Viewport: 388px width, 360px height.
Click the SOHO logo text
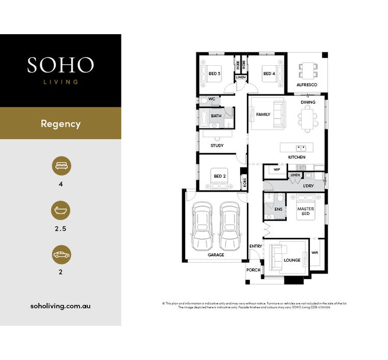pos(61,65)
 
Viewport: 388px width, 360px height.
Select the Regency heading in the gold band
pos(61,124)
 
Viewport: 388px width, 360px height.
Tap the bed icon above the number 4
pos(61,166)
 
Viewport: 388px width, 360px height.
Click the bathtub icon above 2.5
pos(61,211)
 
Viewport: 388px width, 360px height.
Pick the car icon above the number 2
pos(61,254)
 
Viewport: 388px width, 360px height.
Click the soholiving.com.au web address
pos(61,306)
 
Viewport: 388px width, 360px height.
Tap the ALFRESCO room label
pos(307,85)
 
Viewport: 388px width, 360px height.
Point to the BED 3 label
pos(214,74)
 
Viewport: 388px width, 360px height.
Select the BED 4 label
pos(268,74)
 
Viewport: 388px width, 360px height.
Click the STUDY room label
pos(217,146)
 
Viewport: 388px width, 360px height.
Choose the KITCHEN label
pos(297,157)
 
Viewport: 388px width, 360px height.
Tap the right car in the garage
pos(230,225)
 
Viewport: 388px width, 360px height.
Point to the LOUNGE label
pos(292,260)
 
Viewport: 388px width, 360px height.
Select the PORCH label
pos(253,270)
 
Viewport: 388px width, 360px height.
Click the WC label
pos(211,98)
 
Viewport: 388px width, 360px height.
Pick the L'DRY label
pos(308,185)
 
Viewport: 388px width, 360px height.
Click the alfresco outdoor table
pos(308,69)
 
